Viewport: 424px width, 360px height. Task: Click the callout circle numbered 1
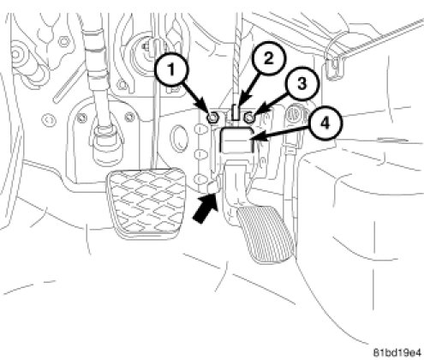click(171, 69)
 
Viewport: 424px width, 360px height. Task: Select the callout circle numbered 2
click(268, 59)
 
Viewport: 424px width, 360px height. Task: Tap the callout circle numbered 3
click(302, 84)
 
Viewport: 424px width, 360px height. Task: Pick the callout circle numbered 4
click(325, 124)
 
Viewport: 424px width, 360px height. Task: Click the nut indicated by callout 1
click(212, 117)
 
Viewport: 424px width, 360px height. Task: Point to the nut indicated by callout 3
click(249, 117)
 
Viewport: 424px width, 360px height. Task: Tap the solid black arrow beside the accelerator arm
click(206, 208)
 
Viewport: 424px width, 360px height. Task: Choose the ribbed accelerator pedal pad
click(265, 234)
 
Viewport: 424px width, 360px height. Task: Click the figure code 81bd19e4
click(397, 351)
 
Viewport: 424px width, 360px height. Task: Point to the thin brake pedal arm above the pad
click(154, 105)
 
